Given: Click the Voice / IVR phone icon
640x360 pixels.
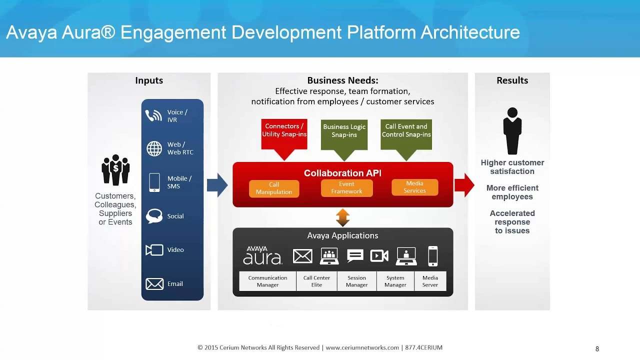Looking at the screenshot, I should coord(153,116).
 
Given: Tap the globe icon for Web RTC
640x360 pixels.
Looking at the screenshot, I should coord(154,148).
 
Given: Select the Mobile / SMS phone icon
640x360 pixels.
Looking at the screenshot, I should coord(154,182).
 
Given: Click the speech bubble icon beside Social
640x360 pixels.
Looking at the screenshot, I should coord(154,216).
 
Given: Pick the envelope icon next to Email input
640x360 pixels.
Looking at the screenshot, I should coord(154,284).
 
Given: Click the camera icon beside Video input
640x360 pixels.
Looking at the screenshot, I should coord(154,250).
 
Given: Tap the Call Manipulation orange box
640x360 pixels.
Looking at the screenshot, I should coord(274,188).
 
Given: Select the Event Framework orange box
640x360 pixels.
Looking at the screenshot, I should coord(346,188).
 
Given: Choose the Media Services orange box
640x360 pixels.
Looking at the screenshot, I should coord(414,187).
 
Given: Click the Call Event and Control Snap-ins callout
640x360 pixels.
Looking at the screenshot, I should coord(406,132).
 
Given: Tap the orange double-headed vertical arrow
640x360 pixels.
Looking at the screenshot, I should coord(342,217).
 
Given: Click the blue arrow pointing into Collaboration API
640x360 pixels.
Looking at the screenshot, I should coord(217,185).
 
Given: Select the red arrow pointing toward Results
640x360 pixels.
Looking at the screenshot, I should coord(464,185).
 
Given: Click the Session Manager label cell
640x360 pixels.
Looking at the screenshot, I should coord(356,281).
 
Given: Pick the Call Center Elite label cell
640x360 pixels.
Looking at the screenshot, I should coord(316,281).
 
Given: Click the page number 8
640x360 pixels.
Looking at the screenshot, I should coord(597,349).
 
